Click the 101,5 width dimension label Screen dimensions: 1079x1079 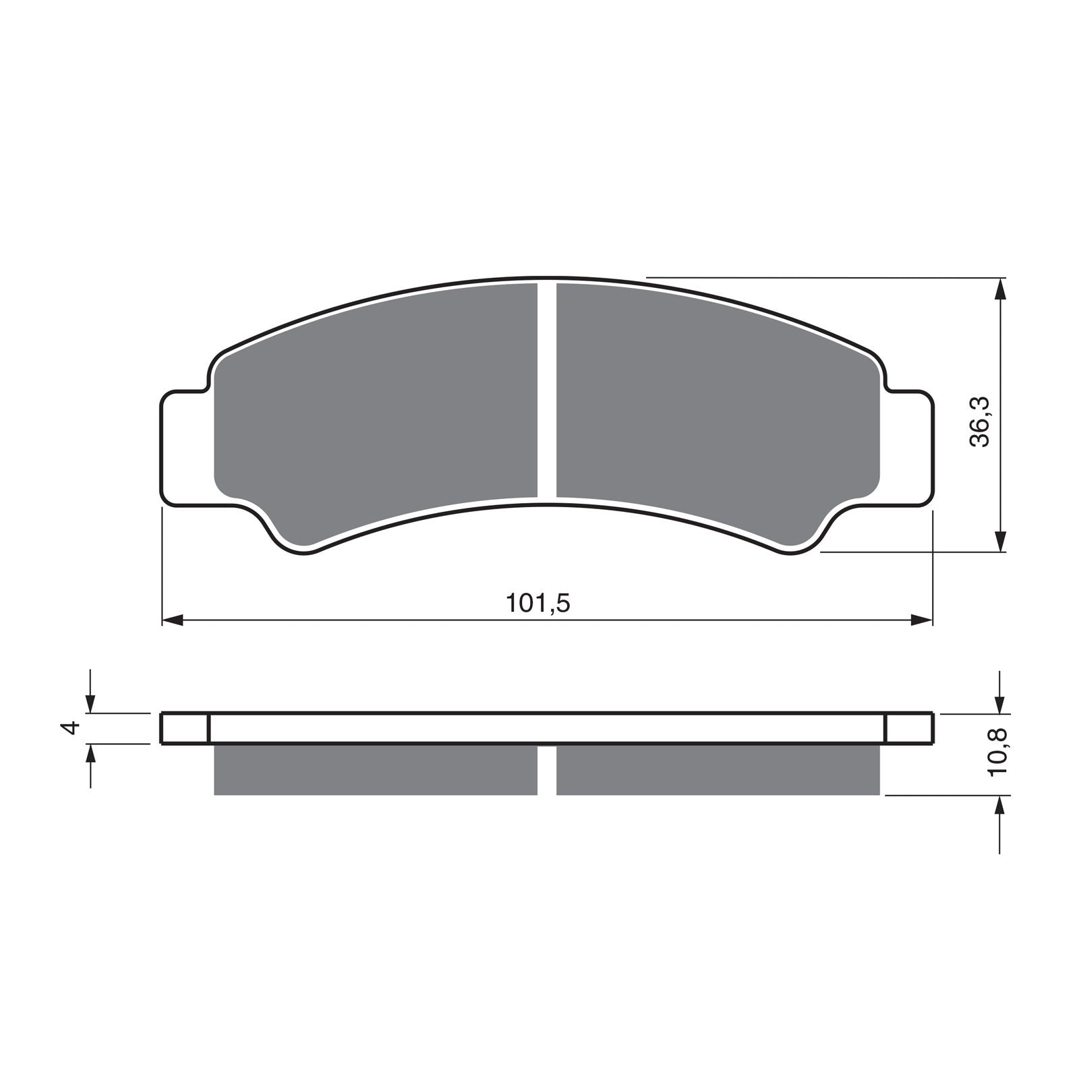538,603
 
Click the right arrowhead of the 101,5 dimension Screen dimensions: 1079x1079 921,620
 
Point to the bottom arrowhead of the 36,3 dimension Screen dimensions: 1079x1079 1001,540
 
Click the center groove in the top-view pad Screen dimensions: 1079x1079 547,391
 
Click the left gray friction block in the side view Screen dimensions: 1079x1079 375,769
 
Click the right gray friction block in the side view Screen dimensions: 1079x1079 718,769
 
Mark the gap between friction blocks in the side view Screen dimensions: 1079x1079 547,770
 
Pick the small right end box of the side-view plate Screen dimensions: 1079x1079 908,728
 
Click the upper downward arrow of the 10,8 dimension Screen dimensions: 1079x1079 1001,698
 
